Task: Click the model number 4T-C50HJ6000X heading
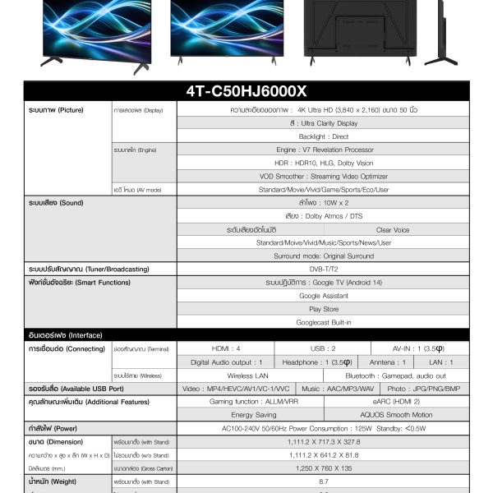click(x=246, y=90)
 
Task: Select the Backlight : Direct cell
click(x=323, y=136)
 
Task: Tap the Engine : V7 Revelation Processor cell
click(x=323, y=150)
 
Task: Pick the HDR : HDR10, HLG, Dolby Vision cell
click(x=323, y=163)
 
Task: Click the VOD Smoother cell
click(x=323, y=176)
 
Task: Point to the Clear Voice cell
click(x=392, y=230)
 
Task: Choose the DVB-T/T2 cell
click(x=323, y=269)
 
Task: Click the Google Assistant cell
click(x=323, y=295)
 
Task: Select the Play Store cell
click(x=323, y=309)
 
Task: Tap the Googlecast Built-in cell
click(x=323, y=322)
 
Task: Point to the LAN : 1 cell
click(x=440, y=362)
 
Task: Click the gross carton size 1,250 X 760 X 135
click(x=323, y=467)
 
